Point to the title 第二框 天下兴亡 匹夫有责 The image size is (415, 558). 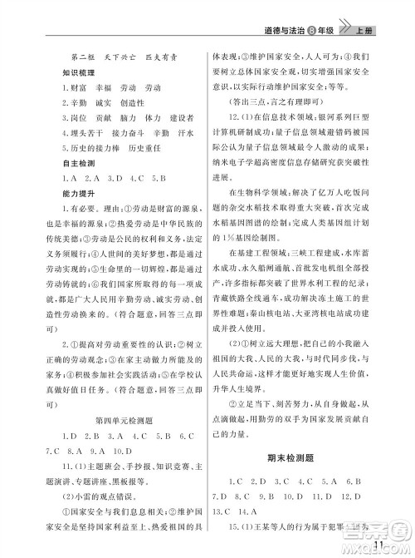click(x=121, y=56)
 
